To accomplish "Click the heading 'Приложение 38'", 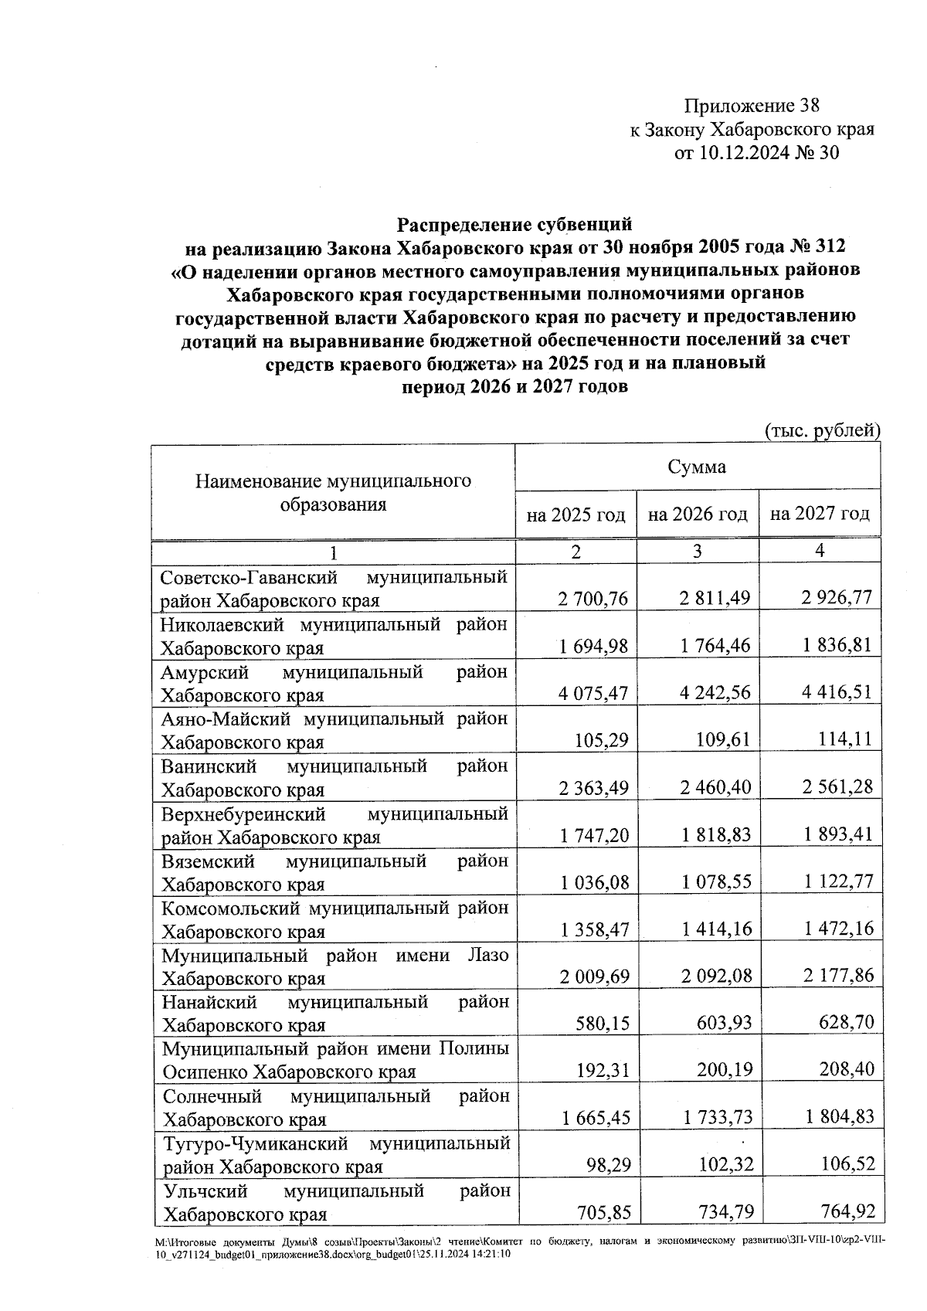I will [751, 106].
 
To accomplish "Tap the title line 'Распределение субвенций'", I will [514, 225].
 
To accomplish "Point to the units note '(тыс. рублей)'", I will [822, 430].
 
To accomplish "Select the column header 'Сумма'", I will [697, 467].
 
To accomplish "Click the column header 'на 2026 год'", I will [698, 514].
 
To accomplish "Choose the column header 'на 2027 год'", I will [820, 514].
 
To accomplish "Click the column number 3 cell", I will [697, 551].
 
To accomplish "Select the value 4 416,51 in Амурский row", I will [837, 693].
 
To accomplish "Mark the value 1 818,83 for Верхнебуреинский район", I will [715, 835].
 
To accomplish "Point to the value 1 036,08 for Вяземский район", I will [594, 882].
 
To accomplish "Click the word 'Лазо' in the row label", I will [488, 956].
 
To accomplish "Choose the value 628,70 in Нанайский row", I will [847, 1024].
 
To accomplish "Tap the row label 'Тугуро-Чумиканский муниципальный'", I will [334, 1143].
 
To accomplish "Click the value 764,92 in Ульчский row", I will [847, 1213].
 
